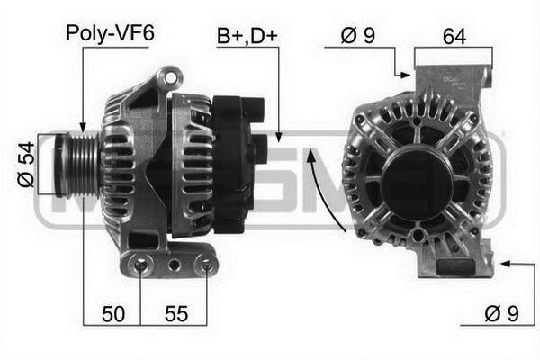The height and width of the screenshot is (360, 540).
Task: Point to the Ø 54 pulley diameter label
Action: (27, 165)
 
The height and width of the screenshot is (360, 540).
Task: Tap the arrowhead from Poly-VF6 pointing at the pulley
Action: (82, 128)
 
